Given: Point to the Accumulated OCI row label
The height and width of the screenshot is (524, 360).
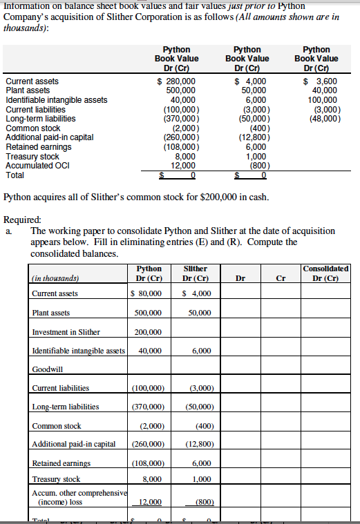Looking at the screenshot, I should [32, 166].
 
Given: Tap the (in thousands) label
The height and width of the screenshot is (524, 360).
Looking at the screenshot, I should [55, 278].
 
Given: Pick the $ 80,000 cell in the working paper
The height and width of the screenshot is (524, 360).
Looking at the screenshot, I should [146, 293].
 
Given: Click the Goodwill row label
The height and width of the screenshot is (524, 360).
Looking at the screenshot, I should [47, 369].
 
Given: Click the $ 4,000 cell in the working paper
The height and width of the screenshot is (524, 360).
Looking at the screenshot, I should [196, 293].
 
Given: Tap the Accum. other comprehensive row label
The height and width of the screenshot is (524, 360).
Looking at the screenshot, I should [79, 492].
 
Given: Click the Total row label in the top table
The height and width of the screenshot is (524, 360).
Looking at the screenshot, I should [15, 175].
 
